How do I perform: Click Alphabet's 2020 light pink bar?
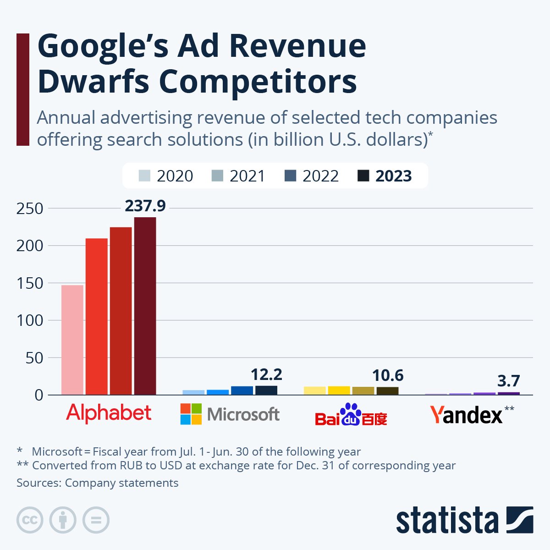[x=72, y=340]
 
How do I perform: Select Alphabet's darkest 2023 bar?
[x=145, y=306]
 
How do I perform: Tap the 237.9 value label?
[x=145, y=206]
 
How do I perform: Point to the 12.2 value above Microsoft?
[x=266, y=375]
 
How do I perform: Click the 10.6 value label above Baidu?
[x=387, y=375]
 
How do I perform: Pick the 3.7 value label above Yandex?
[x=508, y=381]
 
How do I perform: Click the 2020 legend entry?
[x=166, y=176]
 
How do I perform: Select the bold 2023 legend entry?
[x=385, y=176]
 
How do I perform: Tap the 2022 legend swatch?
[x=290, y=176]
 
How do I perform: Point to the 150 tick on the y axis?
[x=30, y=283]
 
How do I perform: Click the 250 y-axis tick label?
[x=30, y=209]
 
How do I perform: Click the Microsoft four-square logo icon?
[x=191, y=414]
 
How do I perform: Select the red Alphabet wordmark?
[x=109, y=413]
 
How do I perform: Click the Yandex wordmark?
[x=466, y=415]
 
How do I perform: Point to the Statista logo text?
[x=447, y=521]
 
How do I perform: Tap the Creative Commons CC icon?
[x=30, y=520]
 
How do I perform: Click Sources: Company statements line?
[x=97, y=483]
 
